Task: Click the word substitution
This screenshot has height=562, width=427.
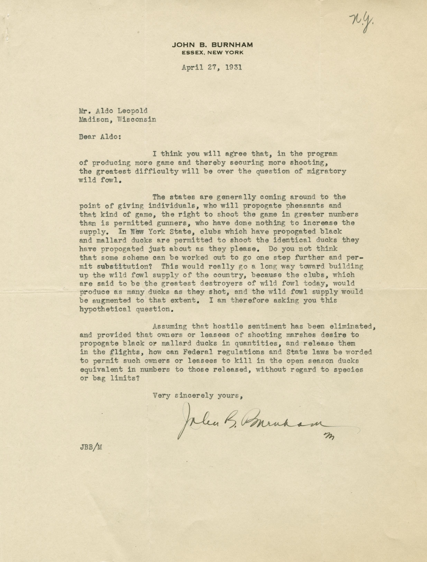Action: (126, 266)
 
